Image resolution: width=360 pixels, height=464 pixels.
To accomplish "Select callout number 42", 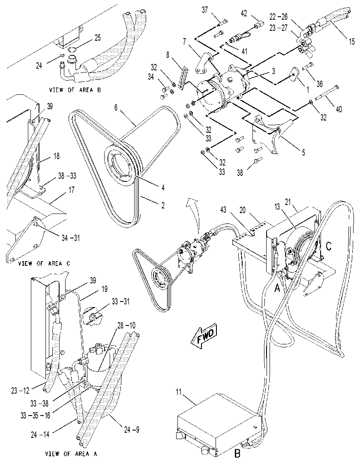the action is (x=244, y=14).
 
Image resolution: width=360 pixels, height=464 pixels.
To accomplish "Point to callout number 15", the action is (x=351, y=41).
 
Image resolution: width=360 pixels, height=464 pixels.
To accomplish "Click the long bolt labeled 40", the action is (x=328, y=92).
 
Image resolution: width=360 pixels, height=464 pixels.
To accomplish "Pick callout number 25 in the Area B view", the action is (x=97, y=38).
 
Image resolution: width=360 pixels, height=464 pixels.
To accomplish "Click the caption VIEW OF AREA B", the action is (x=75, y=90).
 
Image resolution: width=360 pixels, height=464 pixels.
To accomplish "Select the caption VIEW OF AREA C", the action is (x=44, y=263).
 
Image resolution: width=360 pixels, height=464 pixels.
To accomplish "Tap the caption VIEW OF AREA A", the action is (x=71, y=453).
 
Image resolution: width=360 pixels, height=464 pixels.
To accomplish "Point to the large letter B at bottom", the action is (x=237, y=453).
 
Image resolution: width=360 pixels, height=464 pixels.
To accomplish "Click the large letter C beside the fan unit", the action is (x=328, y=246).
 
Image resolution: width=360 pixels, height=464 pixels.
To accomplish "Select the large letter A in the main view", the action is (x=277, y=287).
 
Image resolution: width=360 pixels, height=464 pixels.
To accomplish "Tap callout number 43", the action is (x=223, y=210).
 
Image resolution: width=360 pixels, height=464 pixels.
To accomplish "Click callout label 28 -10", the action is (x=126, y=326).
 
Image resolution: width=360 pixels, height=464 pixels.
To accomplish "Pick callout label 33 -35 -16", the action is (x=36, y=416).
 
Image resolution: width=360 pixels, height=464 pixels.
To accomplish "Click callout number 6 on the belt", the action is (x=116, y=108).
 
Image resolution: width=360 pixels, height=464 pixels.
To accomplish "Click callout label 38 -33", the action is (x=67, y=176).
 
